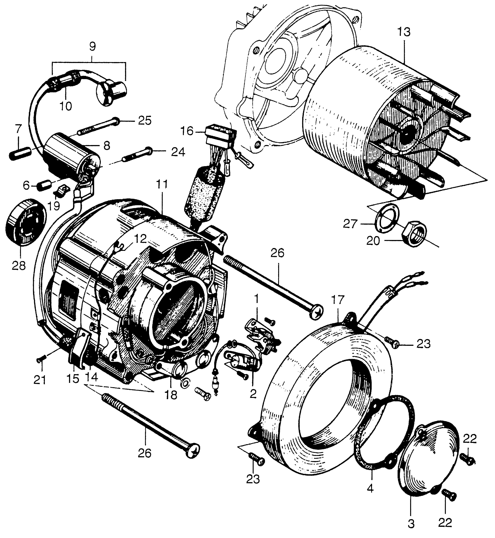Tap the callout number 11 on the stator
(162, 184)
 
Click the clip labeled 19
(62, 191)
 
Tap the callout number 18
(171, 395)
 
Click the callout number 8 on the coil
(107, 146)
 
